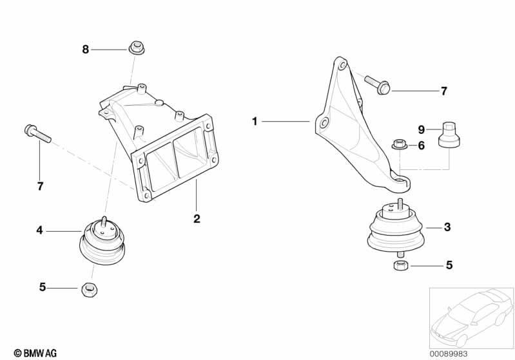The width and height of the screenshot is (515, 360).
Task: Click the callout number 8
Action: tap(85, 50)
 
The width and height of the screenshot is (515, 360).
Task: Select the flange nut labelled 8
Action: tap(137, 48)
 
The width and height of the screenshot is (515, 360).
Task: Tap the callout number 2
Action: tap(197, 218)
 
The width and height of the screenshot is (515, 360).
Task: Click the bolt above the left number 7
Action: tap(38, 133)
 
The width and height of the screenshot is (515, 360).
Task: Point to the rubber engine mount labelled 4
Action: tap(102, 240)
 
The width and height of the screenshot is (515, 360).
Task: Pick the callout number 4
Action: tap(39, 231)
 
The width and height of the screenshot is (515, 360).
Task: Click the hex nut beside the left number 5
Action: tap(89, 289)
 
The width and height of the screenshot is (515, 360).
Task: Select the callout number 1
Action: tap(255, 122)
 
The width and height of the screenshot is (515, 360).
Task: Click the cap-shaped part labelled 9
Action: tap(449, 134)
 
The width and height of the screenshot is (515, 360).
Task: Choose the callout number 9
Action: tap(422, 129)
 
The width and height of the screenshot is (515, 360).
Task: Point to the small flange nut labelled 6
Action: tap(400, 144)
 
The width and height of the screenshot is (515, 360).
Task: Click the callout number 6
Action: tap(422, 146)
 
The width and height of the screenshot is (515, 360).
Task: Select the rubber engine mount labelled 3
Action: tap(395, 228)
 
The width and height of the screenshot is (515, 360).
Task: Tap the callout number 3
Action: tap(447, 227)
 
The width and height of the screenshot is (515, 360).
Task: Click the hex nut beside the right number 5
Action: tap(401, 265)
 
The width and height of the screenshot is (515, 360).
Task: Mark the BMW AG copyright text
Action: tap(35, 354)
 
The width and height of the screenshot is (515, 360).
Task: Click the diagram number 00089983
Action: tap(449, 354)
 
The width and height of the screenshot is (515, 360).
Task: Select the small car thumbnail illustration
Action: tap(472, 317)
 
